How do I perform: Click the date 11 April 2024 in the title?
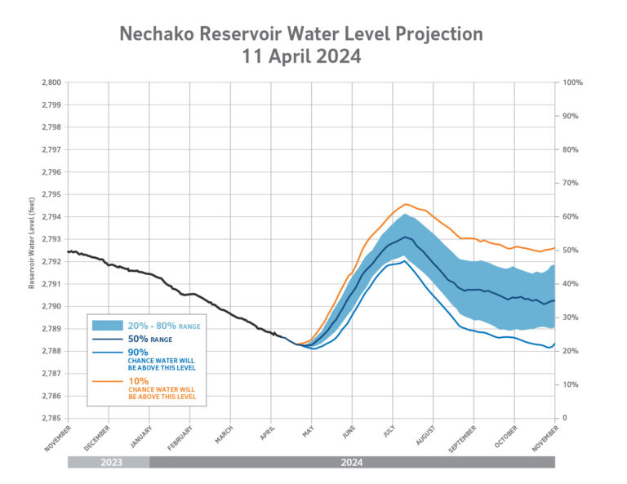[301, 58]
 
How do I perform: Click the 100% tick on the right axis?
[571, 82]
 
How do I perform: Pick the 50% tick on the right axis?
[570, 251]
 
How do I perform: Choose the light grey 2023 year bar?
[108, 462]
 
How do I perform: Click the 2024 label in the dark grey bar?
[352, 462]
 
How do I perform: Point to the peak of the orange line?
[406, 204]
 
